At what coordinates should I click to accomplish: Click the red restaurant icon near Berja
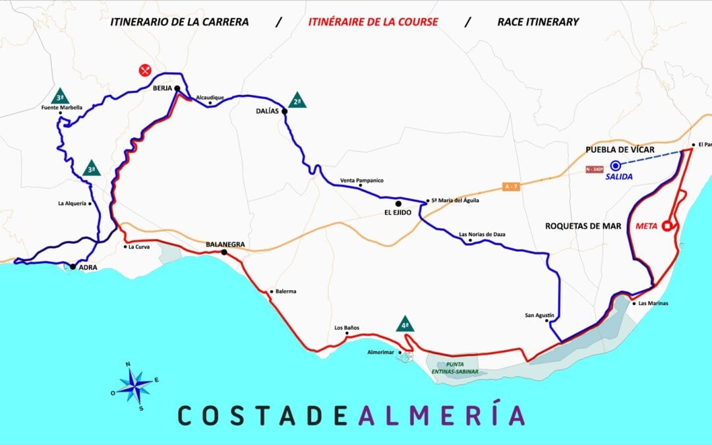[x=145, y=69]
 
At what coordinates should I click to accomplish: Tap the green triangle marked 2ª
[x=297, y=101]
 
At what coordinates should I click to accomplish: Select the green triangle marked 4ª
[x=405, y=324]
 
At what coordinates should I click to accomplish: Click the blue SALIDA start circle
[x=615, y=165]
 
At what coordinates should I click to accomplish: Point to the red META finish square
[x=667, y=226]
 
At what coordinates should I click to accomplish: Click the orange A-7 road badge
[x=511, y=187]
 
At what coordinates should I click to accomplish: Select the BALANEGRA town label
[x=225, y=244]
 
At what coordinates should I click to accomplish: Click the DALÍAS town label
[x=268, y=111]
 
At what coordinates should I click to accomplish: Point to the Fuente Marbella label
[x=62, y=107]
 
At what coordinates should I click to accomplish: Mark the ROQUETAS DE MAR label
[x=583, y=226]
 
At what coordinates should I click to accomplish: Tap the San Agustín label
[x=539, y=315]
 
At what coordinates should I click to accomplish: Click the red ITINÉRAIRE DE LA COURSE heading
[x=373, y=22]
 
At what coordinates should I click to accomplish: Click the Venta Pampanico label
[x=362, y=180]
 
